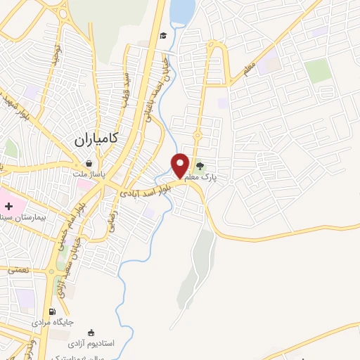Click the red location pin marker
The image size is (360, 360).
tap(181, 165)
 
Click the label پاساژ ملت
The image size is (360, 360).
tap(89, 174)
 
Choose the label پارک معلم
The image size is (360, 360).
tap(218, 177)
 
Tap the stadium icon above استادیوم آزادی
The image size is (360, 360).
tap(91, 333)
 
